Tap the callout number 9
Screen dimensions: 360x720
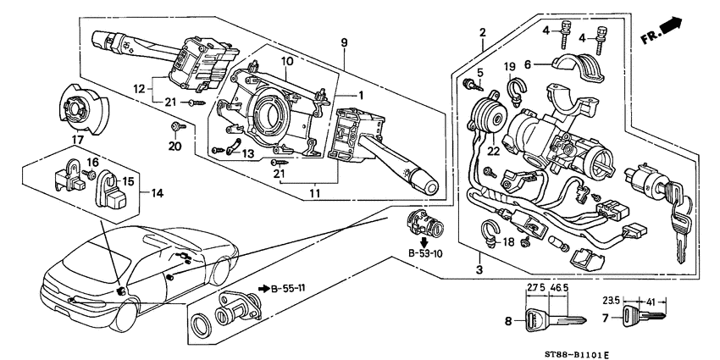click(x=346, y=42)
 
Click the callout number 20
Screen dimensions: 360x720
click(x=175, y=145)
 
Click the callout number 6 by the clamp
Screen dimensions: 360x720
click(x=527, y=63)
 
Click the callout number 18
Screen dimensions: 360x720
click(x=509, y=241)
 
